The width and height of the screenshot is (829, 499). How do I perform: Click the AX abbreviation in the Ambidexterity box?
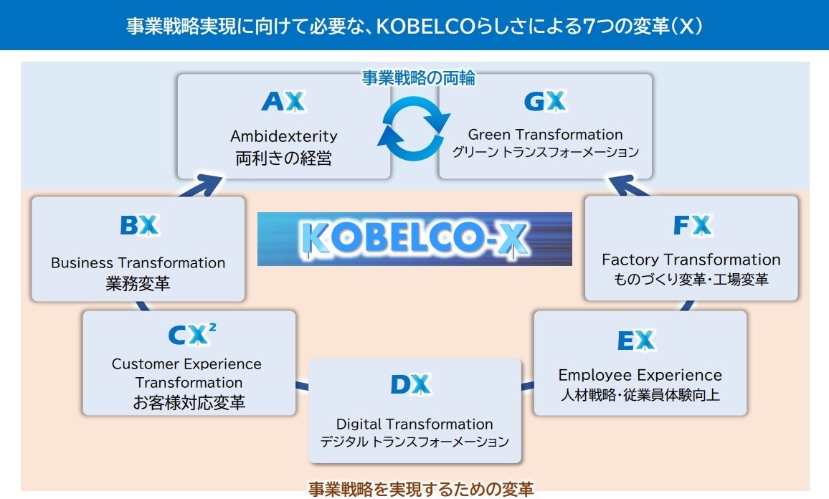(283, 102)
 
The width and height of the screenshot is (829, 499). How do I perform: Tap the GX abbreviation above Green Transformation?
(545, 102)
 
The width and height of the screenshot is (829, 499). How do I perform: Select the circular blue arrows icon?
(415, 129)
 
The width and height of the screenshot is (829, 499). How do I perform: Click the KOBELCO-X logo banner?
(415, 239)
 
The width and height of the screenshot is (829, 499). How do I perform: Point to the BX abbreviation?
(138, 226)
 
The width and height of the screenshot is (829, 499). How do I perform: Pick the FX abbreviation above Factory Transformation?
(691, 226)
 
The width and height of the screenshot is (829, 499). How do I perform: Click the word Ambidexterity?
(283, 136)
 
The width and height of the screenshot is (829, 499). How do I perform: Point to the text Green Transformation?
(545, 135)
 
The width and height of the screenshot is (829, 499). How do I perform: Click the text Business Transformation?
(138, 263)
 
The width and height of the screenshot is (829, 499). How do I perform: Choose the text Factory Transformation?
(691, 260)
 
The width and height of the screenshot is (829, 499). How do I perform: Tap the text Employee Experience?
(640, 375)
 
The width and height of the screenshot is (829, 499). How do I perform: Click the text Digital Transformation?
(415, 424)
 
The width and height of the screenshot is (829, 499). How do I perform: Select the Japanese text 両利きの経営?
(283, 158)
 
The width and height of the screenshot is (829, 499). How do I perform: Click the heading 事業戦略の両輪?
(418, 78)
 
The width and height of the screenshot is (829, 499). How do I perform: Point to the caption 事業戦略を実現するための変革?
(421, 490)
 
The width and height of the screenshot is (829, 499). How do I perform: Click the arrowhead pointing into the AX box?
(207, 185)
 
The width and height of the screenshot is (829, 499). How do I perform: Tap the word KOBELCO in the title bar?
(427, 27)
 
